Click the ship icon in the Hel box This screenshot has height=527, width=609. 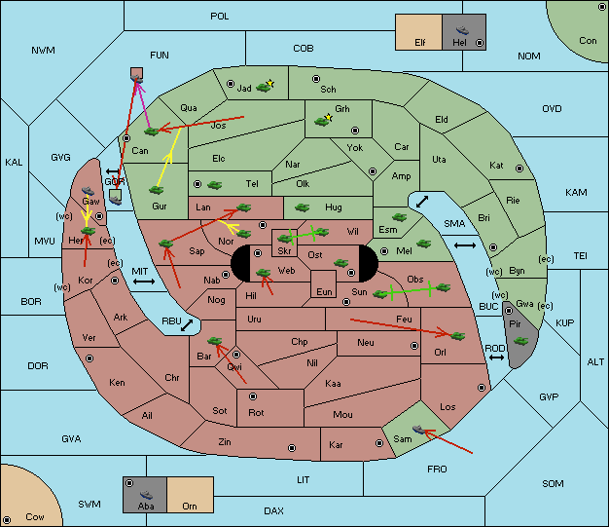click(x=462, y=30)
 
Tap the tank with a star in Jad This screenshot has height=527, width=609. click(x=265, y=87)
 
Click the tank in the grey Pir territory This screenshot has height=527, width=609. click(x=520, y=341)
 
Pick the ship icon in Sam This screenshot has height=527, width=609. click(x=418, y=430)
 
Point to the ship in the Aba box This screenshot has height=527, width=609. click(x=146, y=495)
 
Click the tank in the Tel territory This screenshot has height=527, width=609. click(x=214, y=185)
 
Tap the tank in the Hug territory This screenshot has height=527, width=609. click(x=302, y=207)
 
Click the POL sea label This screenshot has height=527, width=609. click(x=220, y=17)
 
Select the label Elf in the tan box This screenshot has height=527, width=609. click(x=420, y=42)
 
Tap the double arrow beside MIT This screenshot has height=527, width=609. click(x=144, y=282)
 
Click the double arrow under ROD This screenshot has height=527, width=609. click(x=496, y=358)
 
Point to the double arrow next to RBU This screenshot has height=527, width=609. click(x=187, y=325)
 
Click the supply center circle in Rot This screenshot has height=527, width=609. click(x=253, y=396)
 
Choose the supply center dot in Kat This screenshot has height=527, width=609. click(x=519, y=169)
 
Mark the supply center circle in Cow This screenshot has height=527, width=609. click(x=7, y=520)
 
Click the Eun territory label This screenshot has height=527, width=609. click(x=324, y=291)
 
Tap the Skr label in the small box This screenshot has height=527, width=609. click(x=284, y=251)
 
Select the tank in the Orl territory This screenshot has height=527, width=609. click(x=457, y=336)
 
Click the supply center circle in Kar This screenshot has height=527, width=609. click(x=379, y=443)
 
